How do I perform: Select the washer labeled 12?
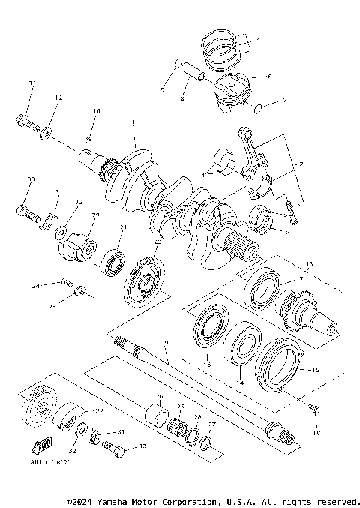pyautogui.click(x=47, y=132)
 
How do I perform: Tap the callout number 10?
pyautogui.click(x=96, y=111)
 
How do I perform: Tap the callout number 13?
pyautogui.click(x=308, y=265)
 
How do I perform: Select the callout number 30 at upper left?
pyautogui.click(x=31, y=179)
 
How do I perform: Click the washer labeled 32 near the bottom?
pyautogui.click(x=79, y=432)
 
